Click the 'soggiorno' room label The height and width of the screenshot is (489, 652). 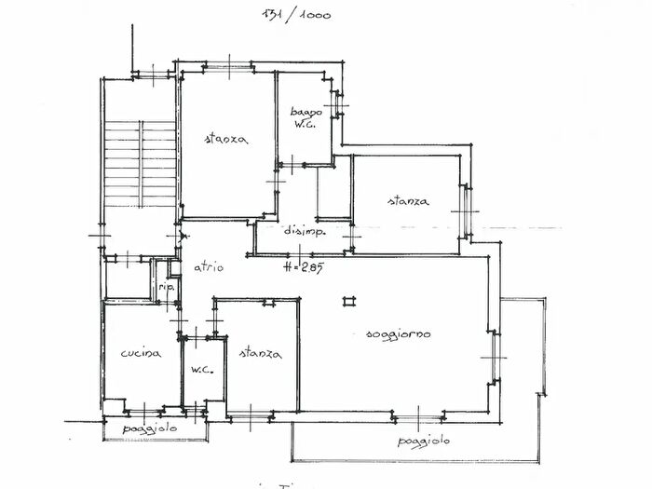click(399, 335)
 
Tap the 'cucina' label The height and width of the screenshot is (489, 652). click(141, 354)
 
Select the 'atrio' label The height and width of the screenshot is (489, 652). click(209, 267)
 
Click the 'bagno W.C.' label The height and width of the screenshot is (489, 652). click(308, 116)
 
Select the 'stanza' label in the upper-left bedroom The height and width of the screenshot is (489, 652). click(225, 140)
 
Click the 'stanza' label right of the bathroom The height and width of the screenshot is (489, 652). click(409, 200)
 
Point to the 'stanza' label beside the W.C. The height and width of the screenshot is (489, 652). click(261, 354)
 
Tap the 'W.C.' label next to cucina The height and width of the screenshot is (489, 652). click(203, 371)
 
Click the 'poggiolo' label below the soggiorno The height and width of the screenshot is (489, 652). click(424, 441)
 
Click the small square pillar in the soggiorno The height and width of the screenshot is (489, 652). click(349, 300)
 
